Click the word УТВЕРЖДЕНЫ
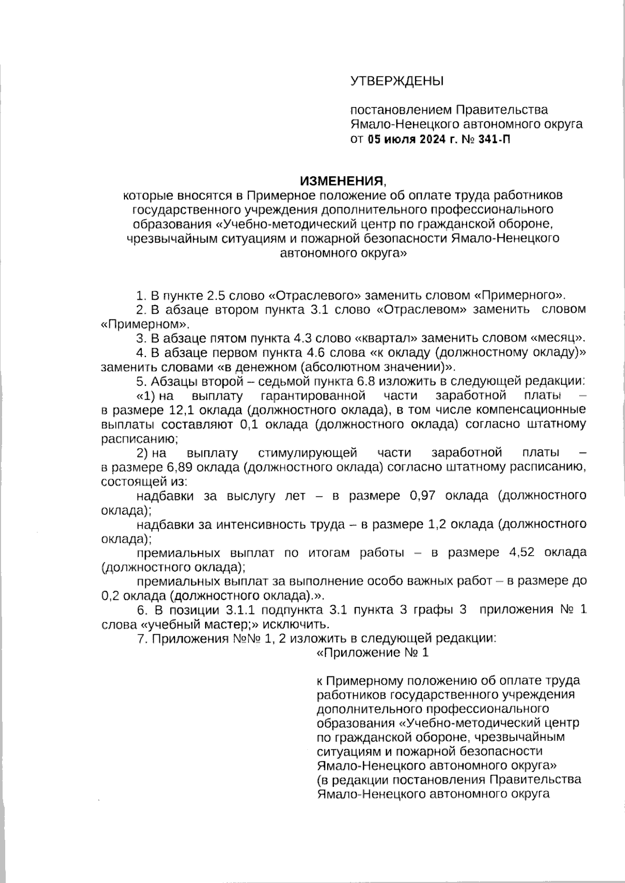point(396,81)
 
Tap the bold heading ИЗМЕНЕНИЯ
point(341,181)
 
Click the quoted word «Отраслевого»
point(315,296)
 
